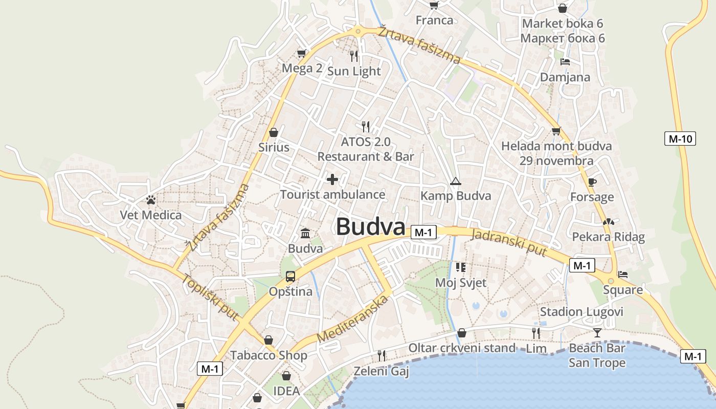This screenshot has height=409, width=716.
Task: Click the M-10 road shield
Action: point(680,138)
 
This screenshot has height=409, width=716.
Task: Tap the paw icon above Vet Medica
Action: point(151,200)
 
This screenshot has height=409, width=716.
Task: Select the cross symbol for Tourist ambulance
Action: point(332,179)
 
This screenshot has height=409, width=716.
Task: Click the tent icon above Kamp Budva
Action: point(455,181)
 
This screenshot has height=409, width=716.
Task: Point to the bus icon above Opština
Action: point(290,277)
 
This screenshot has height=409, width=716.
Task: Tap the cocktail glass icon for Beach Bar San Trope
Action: point(597,333)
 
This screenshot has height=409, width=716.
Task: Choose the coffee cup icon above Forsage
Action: point(592,182)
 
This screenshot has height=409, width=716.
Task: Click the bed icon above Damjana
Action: point(565,62)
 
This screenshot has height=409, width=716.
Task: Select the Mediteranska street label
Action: point(353,319)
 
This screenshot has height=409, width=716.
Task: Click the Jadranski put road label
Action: point(509,242)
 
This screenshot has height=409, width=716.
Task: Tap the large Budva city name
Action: point(371,227)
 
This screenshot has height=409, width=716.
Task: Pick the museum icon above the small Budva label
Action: point(305,234)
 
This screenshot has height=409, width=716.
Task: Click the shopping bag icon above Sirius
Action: point(274,132)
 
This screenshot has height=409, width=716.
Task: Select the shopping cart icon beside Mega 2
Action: point(302,53)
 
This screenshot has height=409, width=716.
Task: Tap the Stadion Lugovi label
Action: point(581,312)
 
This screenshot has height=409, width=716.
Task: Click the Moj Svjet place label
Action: point(461,282)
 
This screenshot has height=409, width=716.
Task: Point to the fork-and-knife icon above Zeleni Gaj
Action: point(382,355)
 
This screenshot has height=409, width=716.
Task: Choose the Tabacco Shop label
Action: point(268,355)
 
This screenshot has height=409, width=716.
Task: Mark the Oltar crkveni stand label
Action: point(461,348)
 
